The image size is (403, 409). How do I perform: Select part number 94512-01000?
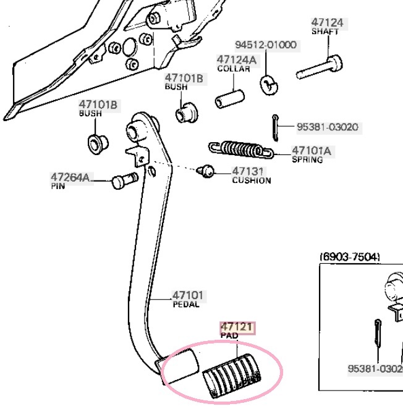265,45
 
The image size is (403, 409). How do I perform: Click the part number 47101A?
312,150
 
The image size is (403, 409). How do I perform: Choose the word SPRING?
307,159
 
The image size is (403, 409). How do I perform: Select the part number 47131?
248,172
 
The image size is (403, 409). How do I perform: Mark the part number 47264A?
70,178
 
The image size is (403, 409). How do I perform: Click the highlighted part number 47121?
237,327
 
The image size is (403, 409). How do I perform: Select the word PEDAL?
185,304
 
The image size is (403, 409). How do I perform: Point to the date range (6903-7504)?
349,256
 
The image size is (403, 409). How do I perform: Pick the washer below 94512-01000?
267,83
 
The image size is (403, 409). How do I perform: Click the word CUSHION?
251,181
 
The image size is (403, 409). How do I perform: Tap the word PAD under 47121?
229,335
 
